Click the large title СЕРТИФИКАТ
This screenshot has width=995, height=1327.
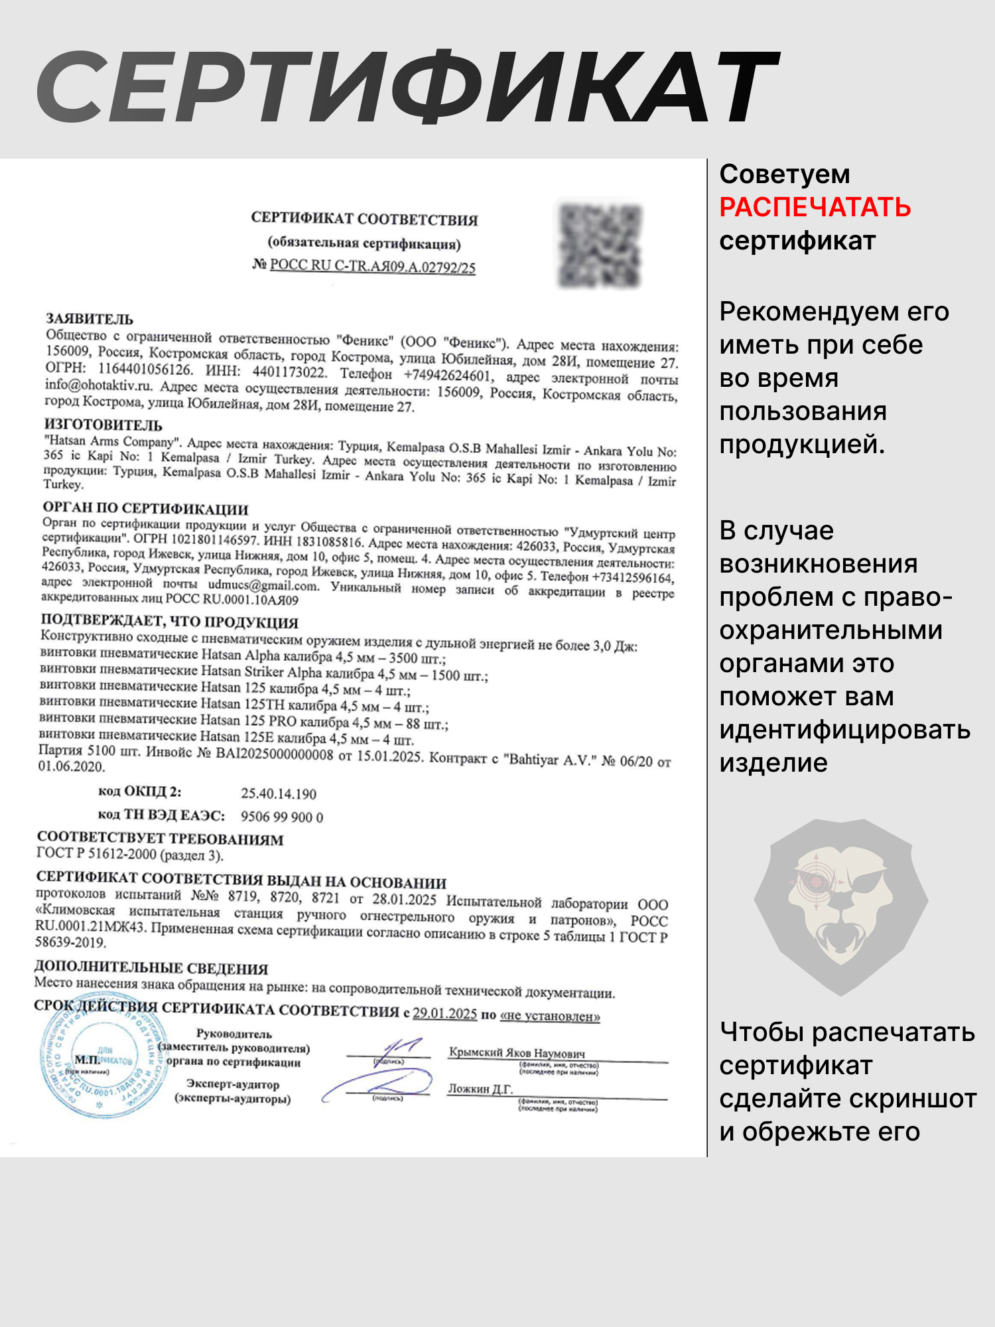pyautogui.click(x=407, y=88)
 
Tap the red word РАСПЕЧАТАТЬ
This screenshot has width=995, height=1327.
pyautogui.click(x=815, y=208)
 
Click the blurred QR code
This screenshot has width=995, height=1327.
pyautogui.click(x=600, y=245)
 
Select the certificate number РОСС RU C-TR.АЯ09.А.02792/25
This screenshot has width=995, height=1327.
pyautogui.click(x=373, y=266)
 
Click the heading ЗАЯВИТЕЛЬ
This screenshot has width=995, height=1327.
pyautogui.click(x=90, y=319)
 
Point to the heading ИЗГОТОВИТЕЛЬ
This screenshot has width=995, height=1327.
pyautogui.click(x=103, y=425)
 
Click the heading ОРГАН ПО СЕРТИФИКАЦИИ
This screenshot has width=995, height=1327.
pyautogui.click(x=146, y=509)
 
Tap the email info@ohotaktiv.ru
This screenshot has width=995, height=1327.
pyautogui.click(x=99, y=385)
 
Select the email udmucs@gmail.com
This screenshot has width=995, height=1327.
pyautogui.click(x=263, y=586)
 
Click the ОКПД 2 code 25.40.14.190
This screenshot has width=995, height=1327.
pyautogui.click(x=279, y=794)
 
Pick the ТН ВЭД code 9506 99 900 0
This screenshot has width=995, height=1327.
pyautogui.click(x=282, y=817)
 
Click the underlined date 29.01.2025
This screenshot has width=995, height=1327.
pyautogui.click(x=444, y=1014)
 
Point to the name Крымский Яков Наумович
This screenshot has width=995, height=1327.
pyautogui.click(x=517, y=1053)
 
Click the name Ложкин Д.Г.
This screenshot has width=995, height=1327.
pyautogui.click(x=480, y=1089)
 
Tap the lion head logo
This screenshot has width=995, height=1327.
pyautogui.click(x=840, y=906)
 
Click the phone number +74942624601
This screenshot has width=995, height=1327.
pyautogui.click(x=448, y=376)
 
